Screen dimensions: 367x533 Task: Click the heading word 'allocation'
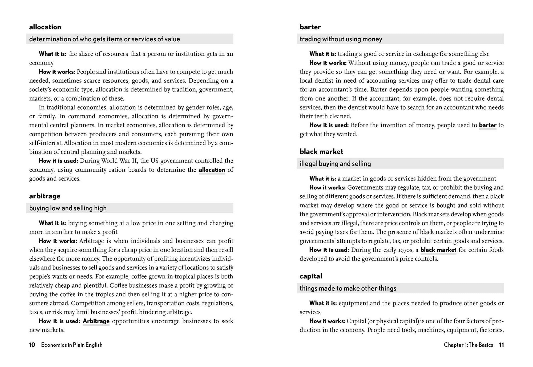(x=45, y=27)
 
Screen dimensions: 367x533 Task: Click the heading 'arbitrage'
(x=45, y=196)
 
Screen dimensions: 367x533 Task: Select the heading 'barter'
(x=310, y=27)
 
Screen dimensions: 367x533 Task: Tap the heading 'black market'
(x=321, y=152)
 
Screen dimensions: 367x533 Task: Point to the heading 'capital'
(x=311, y=276)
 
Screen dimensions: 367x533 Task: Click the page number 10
(x=32, y=345)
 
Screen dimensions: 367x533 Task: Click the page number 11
(x=501, y=345)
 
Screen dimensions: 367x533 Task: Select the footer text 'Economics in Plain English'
(x=72, y=345)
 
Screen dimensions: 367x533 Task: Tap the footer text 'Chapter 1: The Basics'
(x=468, y=345)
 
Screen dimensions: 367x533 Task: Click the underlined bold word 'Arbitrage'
(x=96, y=321)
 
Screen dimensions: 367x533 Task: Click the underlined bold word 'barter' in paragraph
(x=487, y=125)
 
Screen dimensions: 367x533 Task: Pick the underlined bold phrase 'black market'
(x=438, y=250)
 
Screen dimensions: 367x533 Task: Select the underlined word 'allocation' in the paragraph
(x=212, y=170)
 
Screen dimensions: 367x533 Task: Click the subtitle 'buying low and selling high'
(x=68, y=208)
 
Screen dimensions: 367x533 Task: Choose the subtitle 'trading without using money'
(x=341, y=39)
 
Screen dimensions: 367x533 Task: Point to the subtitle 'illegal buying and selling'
(x=335, y=164)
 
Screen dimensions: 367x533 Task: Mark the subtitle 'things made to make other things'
(x=348, y=288)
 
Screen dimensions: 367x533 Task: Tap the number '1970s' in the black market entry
(x=410, y=250)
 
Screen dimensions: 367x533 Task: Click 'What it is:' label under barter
(x=322, y=54)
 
